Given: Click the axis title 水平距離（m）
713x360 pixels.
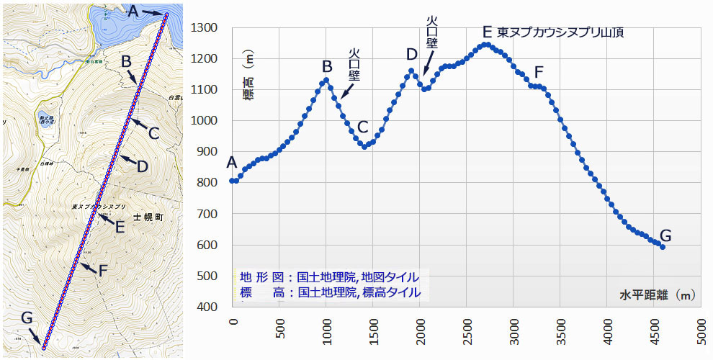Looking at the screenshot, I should (x=657, y=294).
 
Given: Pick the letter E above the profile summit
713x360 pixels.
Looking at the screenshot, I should (x=487, y=32).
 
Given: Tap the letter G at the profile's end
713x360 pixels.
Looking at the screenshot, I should (x=665, y=235).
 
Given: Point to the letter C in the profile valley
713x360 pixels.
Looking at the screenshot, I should (x=362, y=127).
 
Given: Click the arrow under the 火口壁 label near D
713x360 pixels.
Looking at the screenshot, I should (x=426, y=65).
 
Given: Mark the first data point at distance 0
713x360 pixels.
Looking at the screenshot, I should (x=232, y=181).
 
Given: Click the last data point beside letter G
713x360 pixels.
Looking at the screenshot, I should (x=662, y=247).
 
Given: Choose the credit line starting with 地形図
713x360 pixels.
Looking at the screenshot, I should (x=329, y=277).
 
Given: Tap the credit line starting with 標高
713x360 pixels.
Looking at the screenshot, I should (x=329, y=292).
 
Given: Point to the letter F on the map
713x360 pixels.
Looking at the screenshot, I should (x=103, y=271).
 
